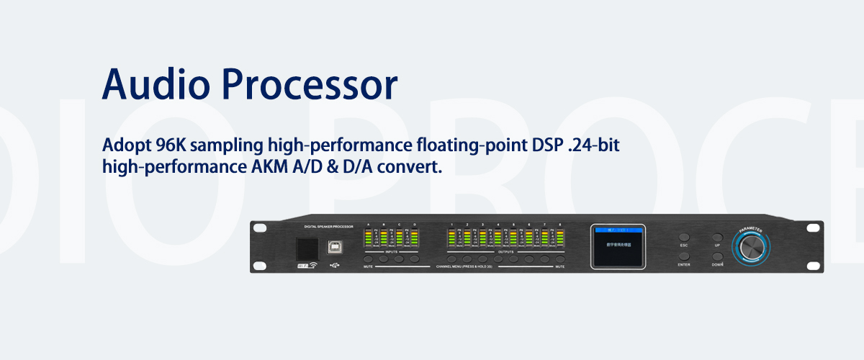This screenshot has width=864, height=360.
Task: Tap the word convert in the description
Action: click(x=411, y=166)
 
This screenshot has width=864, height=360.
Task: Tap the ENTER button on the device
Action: click(x=683, y=256)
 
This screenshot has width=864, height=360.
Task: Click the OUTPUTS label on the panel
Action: click(x=505, y=252)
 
